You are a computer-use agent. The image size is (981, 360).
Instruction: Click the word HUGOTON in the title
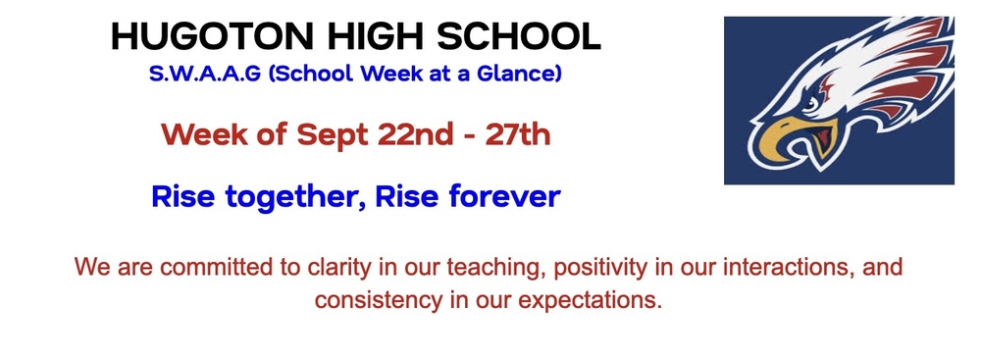click(x=213, y=37)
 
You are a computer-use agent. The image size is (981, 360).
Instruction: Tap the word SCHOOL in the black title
click(x=519, y=37)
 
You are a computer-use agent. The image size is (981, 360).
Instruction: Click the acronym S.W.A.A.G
click(x=205, y=74)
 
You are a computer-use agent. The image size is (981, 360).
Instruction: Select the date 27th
click(x=517, y=134)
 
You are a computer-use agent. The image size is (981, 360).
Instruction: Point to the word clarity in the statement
click(x=339, y=269)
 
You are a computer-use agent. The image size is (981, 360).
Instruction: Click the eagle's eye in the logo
click(x=808, y=105)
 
